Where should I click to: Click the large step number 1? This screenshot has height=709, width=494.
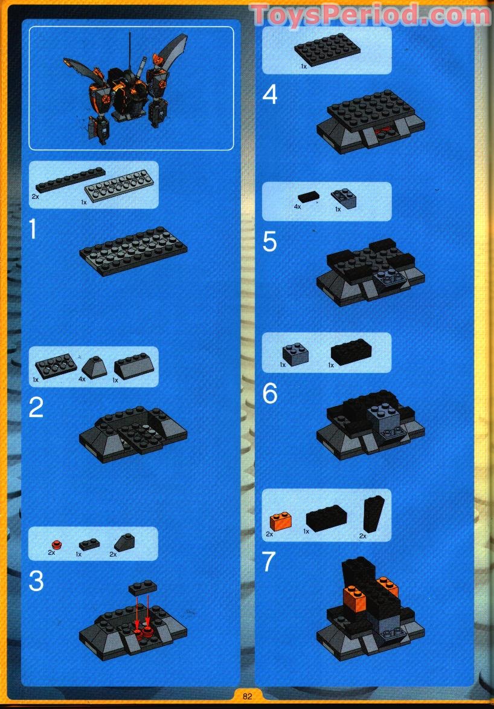(34, 230)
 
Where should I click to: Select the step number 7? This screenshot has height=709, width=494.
(269, 562)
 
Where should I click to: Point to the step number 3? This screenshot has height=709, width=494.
(36, 581)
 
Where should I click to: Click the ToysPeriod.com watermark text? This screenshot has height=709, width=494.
(371, 15)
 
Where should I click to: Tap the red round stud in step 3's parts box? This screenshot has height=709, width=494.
(56, 543)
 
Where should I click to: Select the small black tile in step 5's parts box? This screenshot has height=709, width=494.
(309, 195)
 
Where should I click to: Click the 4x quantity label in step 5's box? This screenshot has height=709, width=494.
(297, 207)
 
